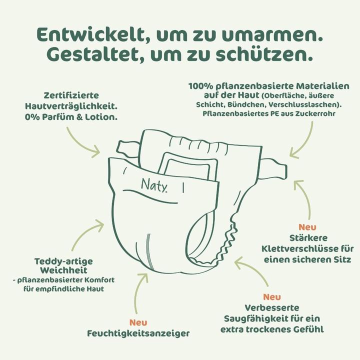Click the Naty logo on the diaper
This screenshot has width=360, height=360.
click(154, 185)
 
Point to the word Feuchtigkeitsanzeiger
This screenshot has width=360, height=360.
click(138, 333)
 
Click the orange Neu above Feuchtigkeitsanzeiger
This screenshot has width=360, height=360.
click(138, 322)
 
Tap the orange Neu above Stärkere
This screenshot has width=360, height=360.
click(307, 227)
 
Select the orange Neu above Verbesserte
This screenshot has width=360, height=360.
click(272, 297)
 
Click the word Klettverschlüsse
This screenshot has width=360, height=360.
click(300, 248)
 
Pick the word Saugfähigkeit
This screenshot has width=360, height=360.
click(256, 318)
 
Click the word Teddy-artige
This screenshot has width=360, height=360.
click(63, 261)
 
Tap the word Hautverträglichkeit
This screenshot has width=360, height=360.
click(71, 106)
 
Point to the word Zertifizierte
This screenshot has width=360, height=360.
click(71, 95)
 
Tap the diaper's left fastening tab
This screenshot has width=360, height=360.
click(127, 148)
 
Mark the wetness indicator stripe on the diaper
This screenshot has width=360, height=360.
click(149, 251)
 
